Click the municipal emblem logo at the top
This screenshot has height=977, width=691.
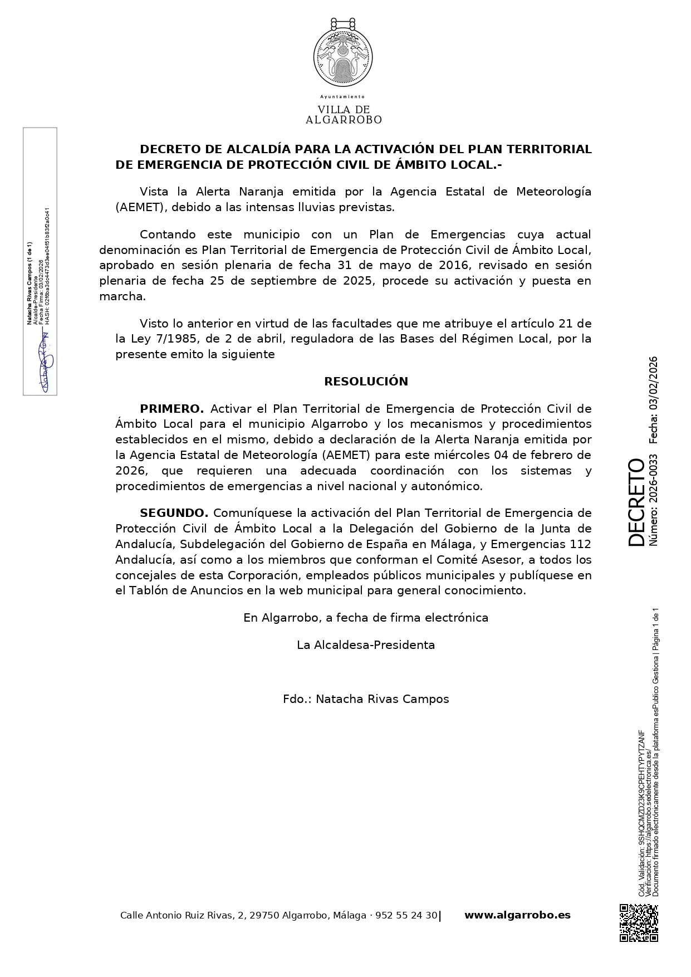[x=343, y=53]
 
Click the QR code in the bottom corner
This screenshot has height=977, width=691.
[x=639, y=923]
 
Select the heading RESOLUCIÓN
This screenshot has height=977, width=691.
[x=366, y=382]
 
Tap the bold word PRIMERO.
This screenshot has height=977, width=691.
[x=171, y=409]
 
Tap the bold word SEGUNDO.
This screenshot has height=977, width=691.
[x=174, y=513]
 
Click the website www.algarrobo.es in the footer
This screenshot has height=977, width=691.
[x=517, y=915]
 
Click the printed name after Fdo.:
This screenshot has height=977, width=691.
[x=382, y=699]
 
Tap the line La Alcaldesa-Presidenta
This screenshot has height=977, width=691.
[x=366, y=645]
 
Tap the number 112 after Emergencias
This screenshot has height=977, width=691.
[x=581, y=544]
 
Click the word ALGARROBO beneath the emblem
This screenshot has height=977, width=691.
[x=344, y=120]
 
